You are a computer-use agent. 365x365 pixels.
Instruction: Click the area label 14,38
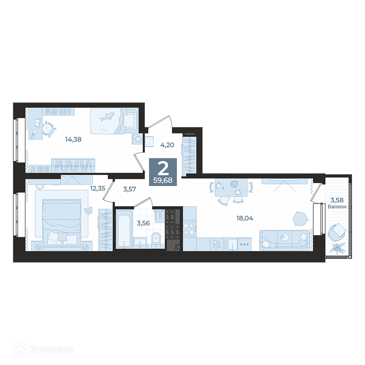click(x=73, y=139)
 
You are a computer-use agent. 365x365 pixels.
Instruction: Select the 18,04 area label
click(x=245, y=218)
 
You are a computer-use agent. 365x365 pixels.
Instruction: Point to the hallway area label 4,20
click(x=167, y=145)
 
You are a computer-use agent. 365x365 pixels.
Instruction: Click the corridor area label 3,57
click(x=130, y=189)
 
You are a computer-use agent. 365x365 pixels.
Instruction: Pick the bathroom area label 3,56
click(x=143, y=223)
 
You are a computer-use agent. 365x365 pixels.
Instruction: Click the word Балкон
click(x=337, y=207)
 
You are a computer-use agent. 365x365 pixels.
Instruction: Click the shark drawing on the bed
click(x=107, y=116)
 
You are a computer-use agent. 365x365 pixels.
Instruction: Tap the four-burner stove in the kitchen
click(x=189, y=229)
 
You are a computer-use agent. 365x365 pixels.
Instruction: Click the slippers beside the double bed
click(x=88, y=211)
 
